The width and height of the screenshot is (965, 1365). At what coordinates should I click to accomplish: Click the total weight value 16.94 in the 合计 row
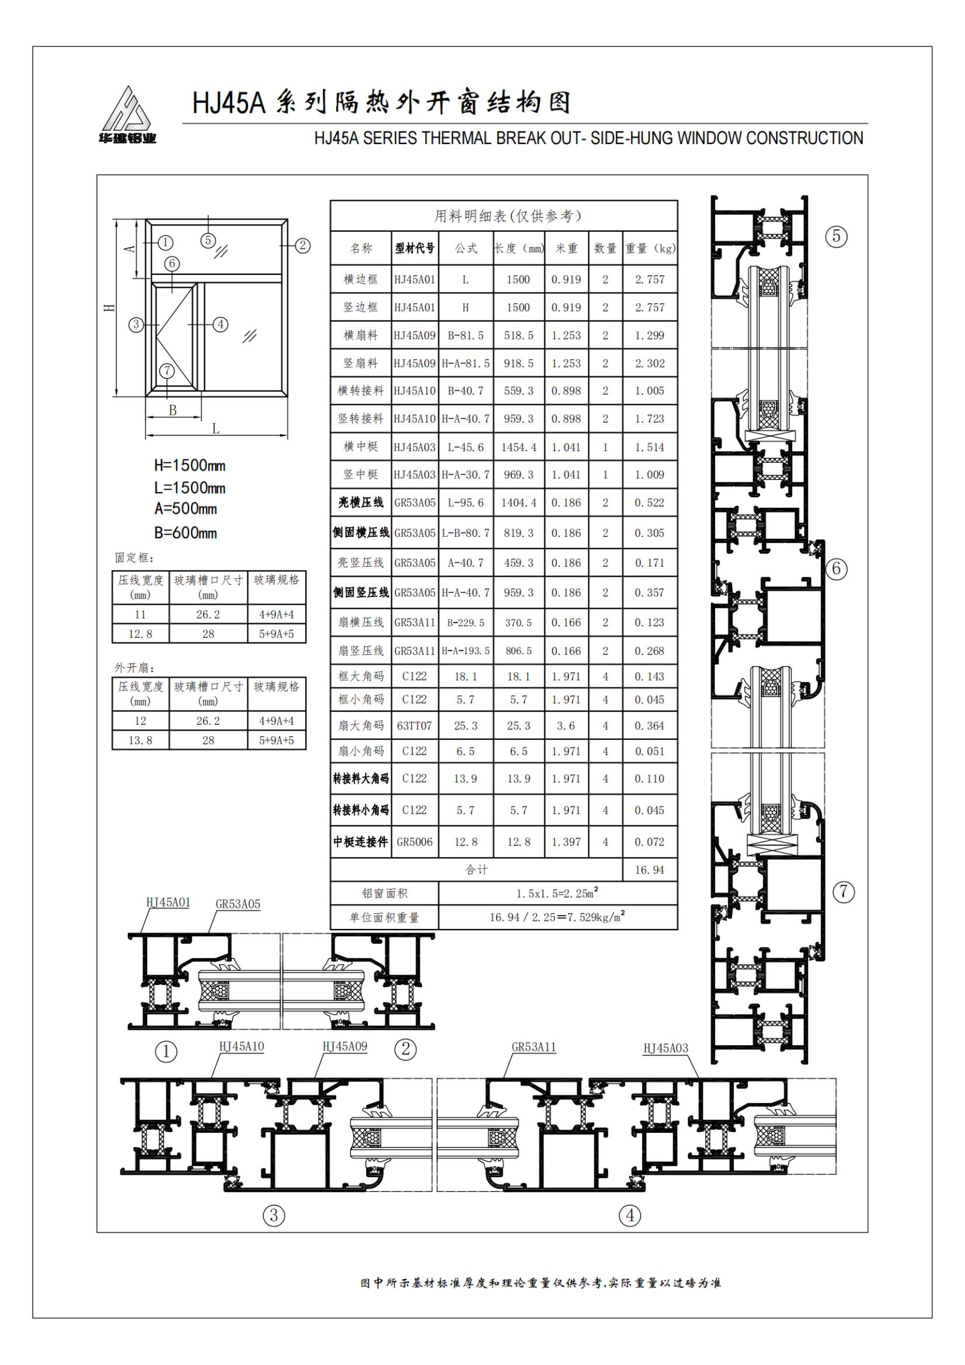(649, 870)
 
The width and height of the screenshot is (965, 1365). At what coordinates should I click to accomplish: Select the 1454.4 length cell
(518, 447)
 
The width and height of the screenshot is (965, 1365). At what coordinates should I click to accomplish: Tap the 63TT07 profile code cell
(414, 726)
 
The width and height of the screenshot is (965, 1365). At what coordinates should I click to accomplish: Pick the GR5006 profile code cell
(414, 842)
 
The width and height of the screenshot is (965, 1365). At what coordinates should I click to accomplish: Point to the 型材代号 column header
(414, 249)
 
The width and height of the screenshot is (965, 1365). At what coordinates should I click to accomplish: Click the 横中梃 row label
(360, 446)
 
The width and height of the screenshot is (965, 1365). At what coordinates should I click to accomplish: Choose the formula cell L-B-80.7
(465, 533)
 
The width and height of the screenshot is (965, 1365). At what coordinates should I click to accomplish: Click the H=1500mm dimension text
(190, 466)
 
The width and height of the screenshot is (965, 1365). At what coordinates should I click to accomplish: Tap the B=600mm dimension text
(186, 533)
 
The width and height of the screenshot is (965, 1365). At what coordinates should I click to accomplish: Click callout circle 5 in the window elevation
(207, 240)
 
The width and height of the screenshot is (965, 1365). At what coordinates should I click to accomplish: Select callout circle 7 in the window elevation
(168, 371)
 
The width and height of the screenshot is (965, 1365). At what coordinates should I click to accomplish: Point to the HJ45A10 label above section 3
(242, 1047)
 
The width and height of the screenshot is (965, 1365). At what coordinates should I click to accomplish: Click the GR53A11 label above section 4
(534, 1047)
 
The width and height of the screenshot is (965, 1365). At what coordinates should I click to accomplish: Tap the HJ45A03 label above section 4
(666, 1048)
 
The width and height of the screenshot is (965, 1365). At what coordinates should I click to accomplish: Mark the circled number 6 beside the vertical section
(836, 569)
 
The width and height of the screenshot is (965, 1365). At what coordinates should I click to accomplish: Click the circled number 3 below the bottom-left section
(274, 1215)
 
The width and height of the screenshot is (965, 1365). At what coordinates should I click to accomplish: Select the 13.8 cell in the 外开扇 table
(140, 741)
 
